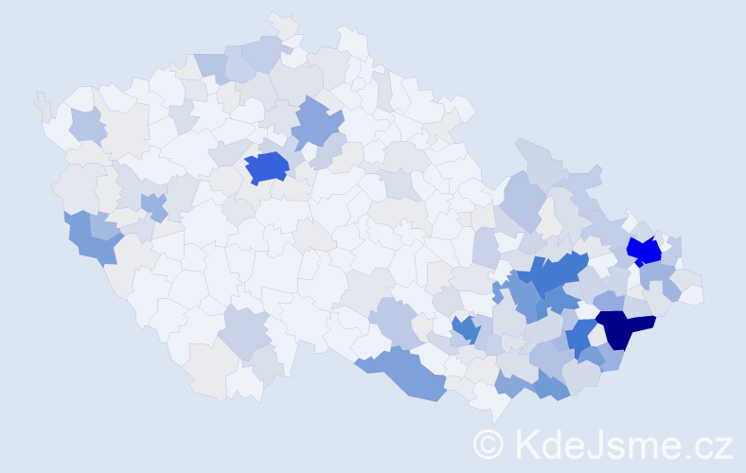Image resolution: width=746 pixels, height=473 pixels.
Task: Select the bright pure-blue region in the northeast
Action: pos(645,251)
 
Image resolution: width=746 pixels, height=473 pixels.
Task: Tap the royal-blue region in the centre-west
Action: pos(267,167)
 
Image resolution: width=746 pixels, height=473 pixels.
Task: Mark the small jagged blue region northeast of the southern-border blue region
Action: pos(465,329)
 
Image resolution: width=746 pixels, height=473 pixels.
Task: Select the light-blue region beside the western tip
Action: pos(88,126)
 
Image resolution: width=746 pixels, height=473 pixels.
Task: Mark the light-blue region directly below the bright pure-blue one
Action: pos(655,276)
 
